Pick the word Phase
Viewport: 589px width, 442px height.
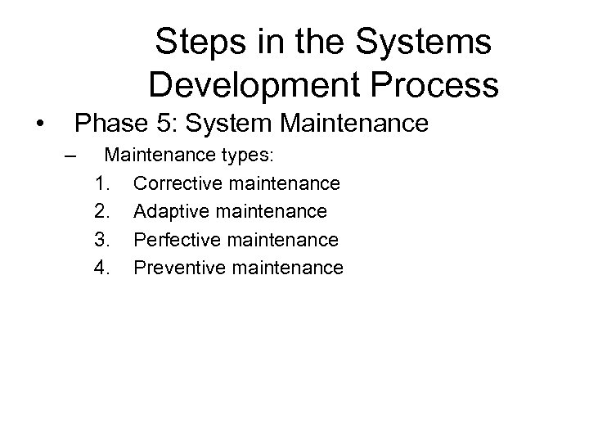pos(107,124)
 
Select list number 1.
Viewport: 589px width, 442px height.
pos(102,183)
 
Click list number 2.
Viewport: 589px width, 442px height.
pos(102,211)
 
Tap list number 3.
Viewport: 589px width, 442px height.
pos(102,240)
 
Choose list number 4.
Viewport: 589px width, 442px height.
pos(102,268)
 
